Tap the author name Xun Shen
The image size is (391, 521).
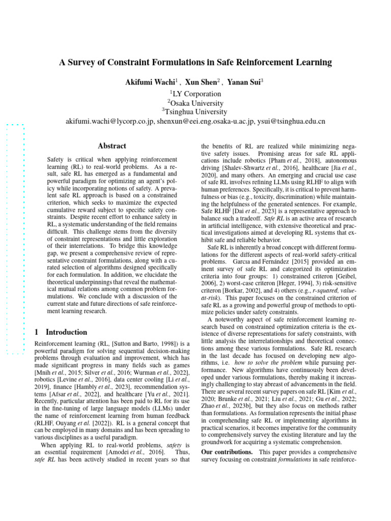tap(202, 81)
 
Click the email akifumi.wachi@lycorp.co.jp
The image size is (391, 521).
tap(109, 122)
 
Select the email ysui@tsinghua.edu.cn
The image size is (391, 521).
tap(291, 122)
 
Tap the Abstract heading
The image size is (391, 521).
tap(111, 146)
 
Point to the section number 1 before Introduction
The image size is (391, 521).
tap(36, 332)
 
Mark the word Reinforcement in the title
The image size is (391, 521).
tap(274, 63)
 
